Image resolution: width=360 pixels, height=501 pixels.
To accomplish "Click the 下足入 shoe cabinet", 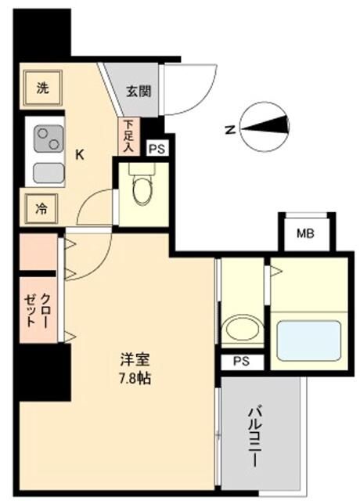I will click(128, 136).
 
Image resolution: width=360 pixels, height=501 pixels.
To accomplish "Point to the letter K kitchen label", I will click(79, 154).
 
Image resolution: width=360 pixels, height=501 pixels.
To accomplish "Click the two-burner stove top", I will click(46, 139).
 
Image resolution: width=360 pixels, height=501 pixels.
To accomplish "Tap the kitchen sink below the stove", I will click(47, 171).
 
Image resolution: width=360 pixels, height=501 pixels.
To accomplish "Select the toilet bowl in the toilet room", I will click(142, 190).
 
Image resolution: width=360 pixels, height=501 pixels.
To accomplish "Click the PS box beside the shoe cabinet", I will click(157, 148).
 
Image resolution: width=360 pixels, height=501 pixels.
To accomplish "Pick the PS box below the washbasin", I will click(241, 362).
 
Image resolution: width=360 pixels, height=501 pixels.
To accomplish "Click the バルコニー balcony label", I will click(254, 434).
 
